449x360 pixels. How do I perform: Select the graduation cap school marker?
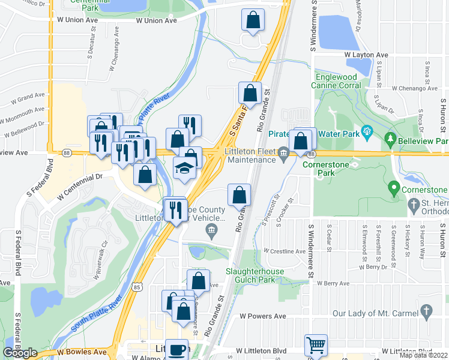click(185, 169)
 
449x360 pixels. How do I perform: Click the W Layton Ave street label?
click(366, 55)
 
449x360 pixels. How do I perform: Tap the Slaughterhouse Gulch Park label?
click(258, 275)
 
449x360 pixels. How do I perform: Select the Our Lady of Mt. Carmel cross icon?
click(427, 311)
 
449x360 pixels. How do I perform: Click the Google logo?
click(20, 353)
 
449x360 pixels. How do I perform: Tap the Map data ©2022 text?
click(423, 355)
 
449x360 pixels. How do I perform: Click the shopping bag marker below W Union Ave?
click(253, 20)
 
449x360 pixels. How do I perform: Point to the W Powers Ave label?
click(262, 316)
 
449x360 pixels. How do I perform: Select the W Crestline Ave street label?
click(285, 251)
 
